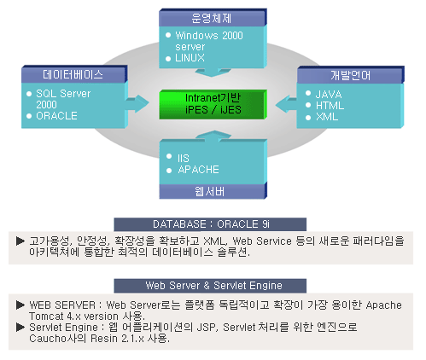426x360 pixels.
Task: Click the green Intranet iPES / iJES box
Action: [213, 104]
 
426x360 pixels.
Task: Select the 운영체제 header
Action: [213, 18]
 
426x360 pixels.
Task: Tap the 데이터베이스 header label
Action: [73, 74]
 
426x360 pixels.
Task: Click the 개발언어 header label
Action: [351, 75]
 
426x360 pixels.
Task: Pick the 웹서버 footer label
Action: [209, 191]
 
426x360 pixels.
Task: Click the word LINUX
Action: [190, 58]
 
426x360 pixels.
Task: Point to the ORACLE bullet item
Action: [56, 116]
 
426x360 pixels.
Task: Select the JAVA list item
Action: [329, 94]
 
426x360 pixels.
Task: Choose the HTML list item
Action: [330, 106]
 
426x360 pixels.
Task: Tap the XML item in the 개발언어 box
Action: [327, 117]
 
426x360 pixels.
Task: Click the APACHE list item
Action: [198, 170]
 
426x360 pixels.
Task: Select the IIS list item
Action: [184, 158]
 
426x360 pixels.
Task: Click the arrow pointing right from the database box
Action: [137, 104]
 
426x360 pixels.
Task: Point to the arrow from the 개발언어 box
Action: [286, 104]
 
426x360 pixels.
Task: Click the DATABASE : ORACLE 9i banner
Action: [210, 224]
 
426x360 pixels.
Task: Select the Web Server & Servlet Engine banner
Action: [210, 286]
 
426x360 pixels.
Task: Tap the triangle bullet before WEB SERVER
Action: [20, 305]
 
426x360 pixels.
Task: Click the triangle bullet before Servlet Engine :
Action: [20, 327]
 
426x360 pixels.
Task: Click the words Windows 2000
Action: [209, 36]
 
